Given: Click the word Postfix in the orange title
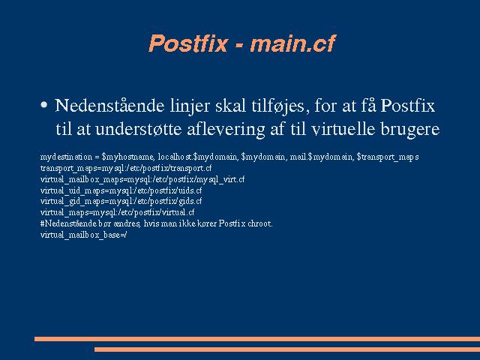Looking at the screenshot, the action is coord(188,43).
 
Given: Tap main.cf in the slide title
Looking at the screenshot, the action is coord(293,43).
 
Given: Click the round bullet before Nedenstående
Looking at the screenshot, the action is coord(44,105).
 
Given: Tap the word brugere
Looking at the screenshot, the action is coord(410,130).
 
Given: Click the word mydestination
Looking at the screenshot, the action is coord(66,157).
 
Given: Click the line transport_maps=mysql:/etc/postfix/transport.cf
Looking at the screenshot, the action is coord(126,168).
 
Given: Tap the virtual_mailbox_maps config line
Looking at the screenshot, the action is coord(142,179).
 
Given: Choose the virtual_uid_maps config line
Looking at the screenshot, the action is coord(121,190).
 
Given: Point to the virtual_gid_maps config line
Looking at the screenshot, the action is coord(121,202).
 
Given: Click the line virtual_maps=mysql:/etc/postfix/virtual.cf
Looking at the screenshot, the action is coord(117,212).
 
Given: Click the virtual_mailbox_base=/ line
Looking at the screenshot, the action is coord(83,235).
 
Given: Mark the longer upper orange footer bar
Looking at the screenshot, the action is coord(257,339).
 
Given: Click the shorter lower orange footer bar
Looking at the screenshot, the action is coord(287,349).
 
